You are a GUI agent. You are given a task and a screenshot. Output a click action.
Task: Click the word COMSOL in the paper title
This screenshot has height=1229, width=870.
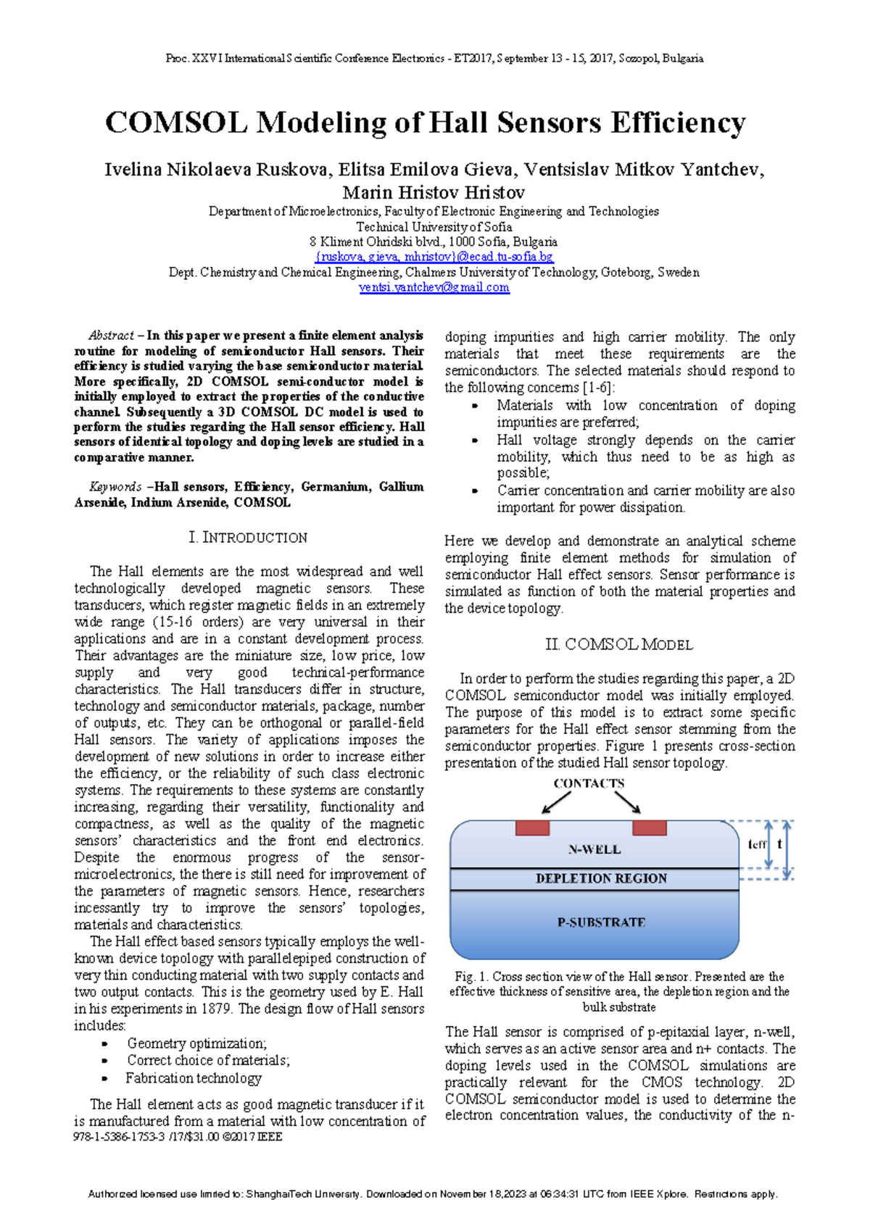coord(176,122)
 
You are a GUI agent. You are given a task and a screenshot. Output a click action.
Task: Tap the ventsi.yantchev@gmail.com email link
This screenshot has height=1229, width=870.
coord(434,288)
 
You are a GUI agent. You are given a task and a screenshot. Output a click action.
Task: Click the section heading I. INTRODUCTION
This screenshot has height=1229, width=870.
coord(247,538)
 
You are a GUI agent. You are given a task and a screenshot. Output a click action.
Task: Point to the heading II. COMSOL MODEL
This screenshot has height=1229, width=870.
coord(618,644)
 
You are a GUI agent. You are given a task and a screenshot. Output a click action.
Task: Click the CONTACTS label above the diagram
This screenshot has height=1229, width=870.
coord(589,783)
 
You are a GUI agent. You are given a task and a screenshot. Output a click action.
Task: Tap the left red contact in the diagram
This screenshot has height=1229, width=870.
coord(532,828)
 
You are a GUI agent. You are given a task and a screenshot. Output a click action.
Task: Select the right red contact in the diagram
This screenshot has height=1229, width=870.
coord(649,828)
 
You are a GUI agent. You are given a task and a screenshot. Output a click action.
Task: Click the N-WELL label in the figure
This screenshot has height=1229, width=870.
coord(594,849)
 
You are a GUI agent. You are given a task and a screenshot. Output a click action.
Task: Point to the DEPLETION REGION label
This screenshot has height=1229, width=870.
coord(601,878)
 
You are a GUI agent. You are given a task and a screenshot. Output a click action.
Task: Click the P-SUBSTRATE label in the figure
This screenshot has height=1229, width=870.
coord(601,922)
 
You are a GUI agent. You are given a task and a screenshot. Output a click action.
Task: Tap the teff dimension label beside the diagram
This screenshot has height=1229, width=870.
coord(757,845)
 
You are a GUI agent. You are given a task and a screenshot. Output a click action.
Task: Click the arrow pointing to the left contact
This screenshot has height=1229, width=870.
coord(556,802)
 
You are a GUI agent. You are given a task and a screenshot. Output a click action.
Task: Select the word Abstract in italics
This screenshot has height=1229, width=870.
coord(110,336)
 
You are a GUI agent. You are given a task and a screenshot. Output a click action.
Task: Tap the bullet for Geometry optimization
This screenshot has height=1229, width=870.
coord(105,1044)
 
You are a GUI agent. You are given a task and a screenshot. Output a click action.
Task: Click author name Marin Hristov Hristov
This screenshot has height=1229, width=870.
coord(434,193)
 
